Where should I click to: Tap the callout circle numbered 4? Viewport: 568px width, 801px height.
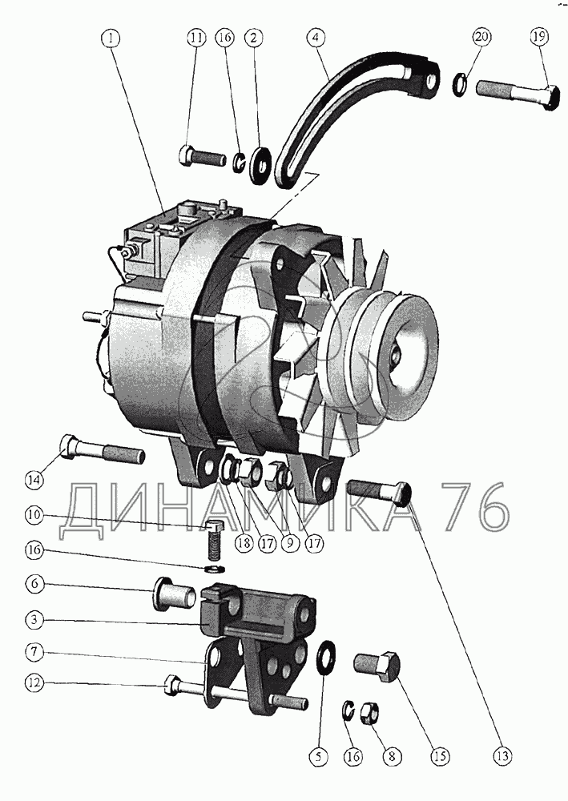coord(316,38)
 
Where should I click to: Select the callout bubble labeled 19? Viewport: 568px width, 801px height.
coord(539,37)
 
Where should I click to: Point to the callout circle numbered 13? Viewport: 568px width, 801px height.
coord(502,755)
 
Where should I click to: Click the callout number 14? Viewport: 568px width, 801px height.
coord(35,479)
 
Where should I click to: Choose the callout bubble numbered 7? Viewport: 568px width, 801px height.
coord(34,652)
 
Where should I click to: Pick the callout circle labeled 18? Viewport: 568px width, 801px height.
coord(244,542)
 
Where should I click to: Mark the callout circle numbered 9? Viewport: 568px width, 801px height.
coord(290,542)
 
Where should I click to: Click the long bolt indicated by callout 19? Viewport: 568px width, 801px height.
coord(517,93)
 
